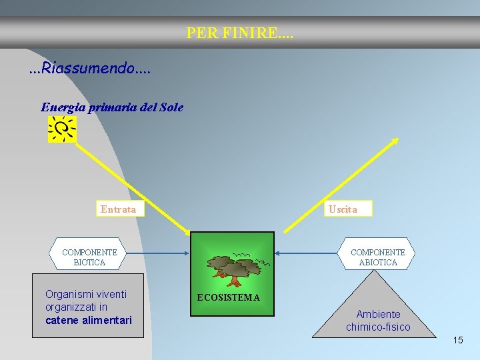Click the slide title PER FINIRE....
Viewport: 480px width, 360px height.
pos(239,33)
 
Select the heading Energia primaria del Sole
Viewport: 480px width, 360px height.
pos(112,107)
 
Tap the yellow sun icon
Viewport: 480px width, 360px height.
pos(62,129)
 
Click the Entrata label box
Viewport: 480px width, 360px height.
pos(119,209)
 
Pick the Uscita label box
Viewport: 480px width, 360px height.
pos(343,209)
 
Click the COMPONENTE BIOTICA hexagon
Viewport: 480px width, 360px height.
pos(89,257)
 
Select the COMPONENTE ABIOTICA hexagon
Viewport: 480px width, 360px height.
pos(377,257)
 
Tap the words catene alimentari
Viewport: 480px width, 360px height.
pos(89,321)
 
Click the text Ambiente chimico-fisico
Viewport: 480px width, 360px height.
pos(378,321)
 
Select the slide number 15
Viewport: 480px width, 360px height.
pos(457,340)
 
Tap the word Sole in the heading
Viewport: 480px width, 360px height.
pos(171,107)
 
